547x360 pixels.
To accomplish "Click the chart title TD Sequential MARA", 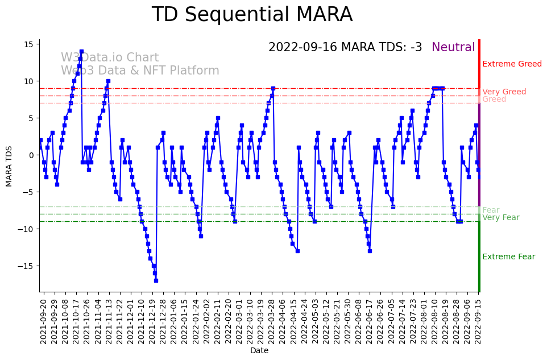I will click(x=252, y=15).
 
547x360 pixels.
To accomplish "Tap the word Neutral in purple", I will click(x=453, y=47).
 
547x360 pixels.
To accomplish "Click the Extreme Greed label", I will click(x=512, y=64).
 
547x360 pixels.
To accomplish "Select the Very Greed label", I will click(x=504, y=92).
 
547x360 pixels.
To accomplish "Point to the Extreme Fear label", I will click(x=508, y=256).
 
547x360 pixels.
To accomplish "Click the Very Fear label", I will click(x=500, y=217).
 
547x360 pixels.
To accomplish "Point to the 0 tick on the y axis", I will click(x=32, y=155).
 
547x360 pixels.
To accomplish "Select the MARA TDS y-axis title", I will click(x=9, y=166).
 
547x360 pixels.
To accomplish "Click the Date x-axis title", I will click(x=259, y=351).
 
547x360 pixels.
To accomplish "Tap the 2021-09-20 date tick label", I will click(x=43, y=320).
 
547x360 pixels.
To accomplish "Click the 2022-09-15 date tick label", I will click(x=478, y=320).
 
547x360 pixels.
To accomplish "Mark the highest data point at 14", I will click(x=81, y=52).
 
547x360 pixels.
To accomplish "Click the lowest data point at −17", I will click(x=156, y=280).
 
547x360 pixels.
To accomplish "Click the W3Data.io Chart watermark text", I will click(x=110, y=58).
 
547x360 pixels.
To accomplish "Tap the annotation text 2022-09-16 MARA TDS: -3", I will click(x=345, y=47).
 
